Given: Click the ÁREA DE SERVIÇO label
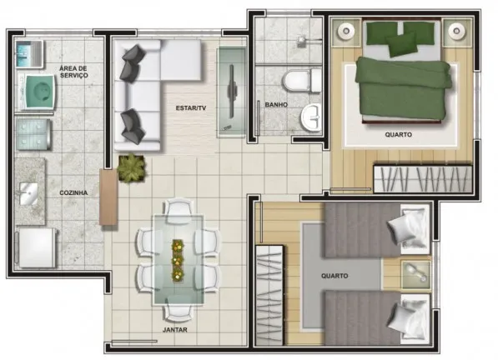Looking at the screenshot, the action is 73,72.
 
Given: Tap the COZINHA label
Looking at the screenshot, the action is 73,192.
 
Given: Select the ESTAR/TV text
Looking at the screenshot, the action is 191,108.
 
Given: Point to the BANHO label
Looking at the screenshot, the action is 276,105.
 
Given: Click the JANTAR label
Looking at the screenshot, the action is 175,330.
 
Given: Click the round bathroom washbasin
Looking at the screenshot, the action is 311,117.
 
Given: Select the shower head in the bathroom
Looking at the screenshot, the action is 302,41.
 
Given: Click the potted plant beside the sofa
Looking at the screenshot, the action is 132,168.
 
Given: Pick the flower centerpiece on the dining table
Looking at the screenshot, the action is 178,261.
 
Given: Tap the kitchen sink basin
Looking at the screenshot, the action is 28,193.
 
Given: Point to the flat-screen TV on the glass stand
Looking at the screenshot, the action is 232,91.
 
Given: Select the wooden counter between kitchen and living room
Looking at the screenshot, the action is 108,197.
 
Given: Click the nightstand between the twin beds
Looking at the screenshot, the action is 416,275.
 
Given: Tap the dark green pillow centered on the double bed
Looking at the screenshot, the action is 401,44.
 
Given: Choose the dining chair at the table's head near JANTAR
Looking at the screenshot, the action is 179,311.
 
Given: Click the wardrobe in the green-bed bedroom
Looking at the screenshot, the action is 423,178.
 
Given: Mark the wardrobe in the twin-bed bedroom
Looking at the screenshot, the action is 269,295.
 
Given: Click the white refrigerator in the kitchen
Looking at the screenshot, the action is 37,248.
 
